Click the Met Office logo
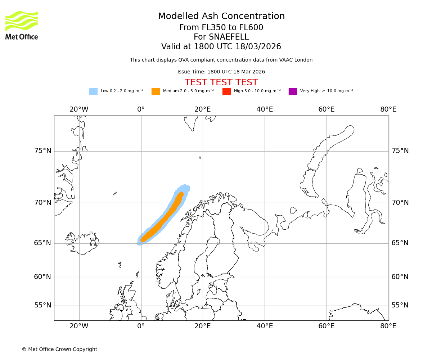[22, 25]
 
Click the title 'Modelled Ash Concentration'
[221, 16]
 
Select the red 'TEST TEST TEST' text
[221, 82]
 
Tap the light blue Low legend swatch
[93, 91]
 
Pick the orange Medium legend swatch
[156, 91]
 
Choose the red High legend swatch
[226, 91]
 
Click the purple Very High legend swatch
[293, 91]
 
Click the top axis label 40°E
[265, 109]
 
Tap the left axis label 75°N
[43, 151]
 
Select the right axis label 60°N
[400, 277]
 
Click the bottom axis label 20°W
[79, 326]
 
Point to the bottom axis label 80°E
[388, 326]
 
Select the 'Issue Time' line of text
[221, 72]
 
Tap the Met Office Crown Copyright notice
[59, 349]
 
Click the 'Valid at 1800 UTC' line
[221, 47]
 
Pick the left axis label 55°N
[43, 305]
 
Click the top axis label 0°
[141, 109]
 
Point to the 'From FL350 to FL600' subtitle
[221, 28]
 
